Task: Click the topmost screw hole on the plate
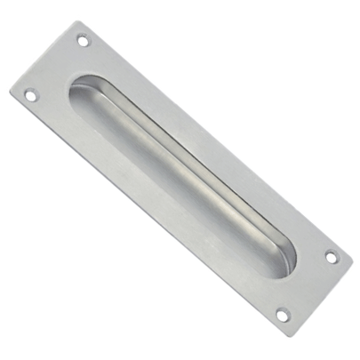point(83,40)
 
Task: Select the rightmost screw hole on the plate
point(331,257)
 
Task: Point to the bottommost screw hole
point(283,315)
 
